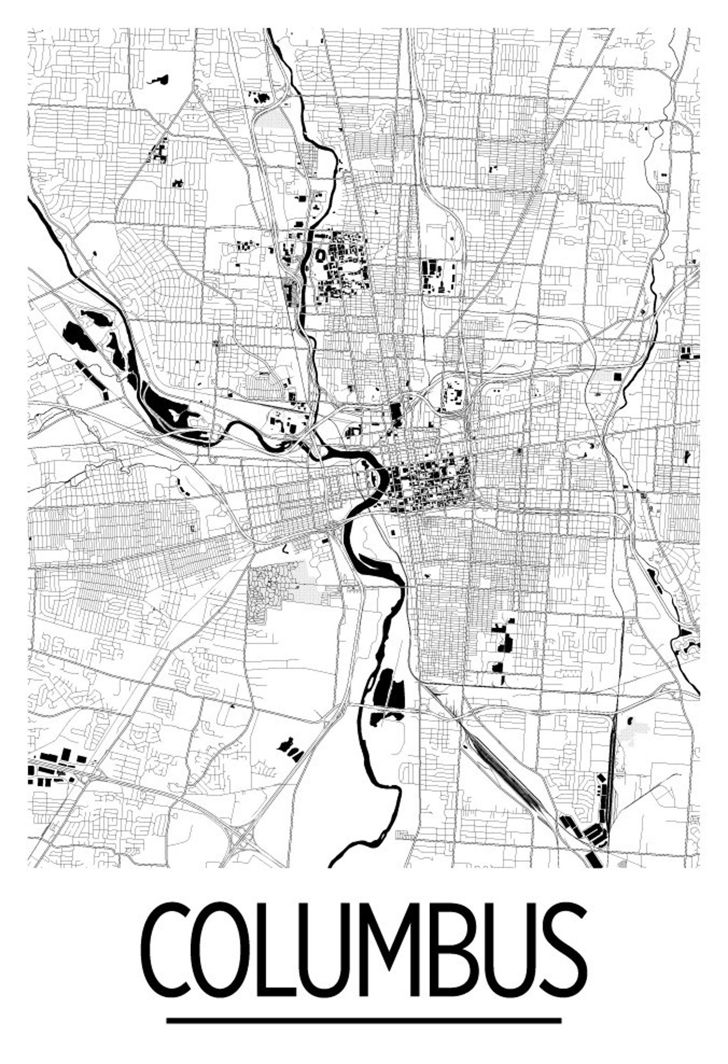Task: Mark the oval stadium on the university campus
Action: click(x=320, y=255)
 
